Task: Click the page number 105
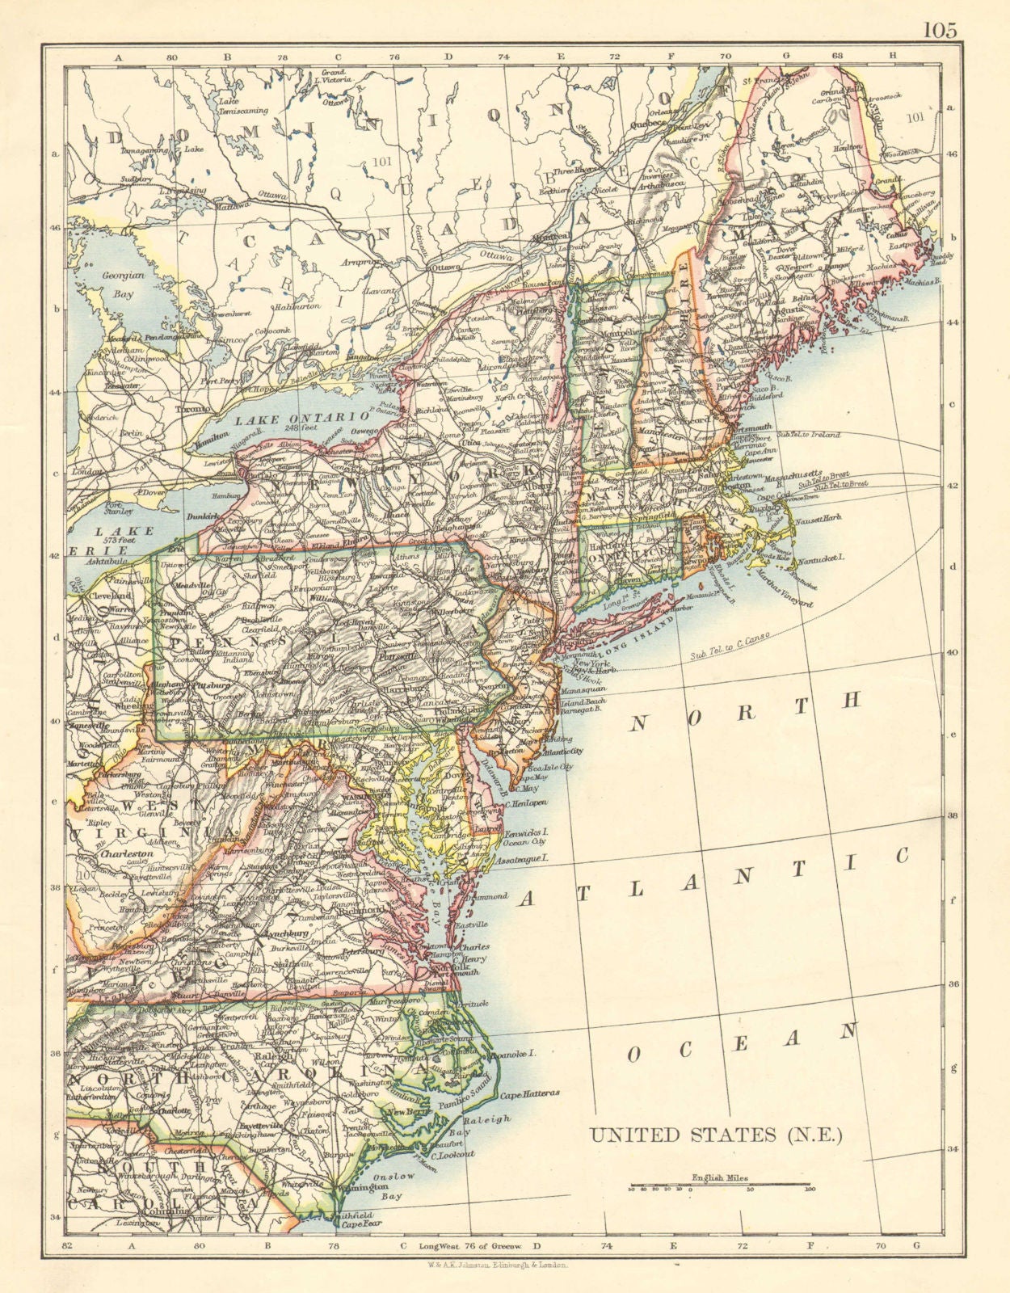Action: tap(940, 30)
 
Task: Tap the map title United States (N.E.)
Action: tap(716, 1135)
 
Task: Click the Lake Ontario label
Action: tap(292, 419)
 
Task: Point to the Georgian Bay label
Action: tap(117, 285)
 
